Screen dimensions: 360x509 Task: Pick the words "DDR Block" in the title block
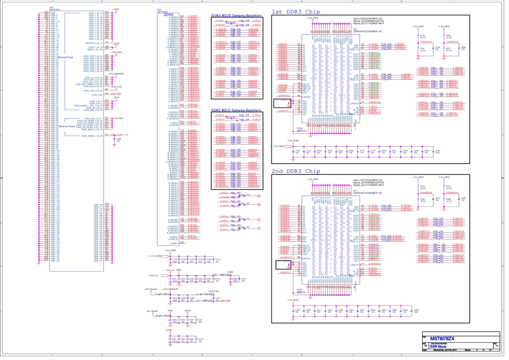click(x=438, y=347)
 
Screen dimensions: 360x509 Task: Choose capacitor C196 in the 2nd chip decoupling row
click(x=416, y=310)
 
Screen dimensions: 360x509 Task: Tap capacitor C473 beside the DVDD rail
click(x=244, y=279)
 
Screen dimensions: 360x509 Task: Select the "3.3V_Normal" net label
click(x=153, y=311)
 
